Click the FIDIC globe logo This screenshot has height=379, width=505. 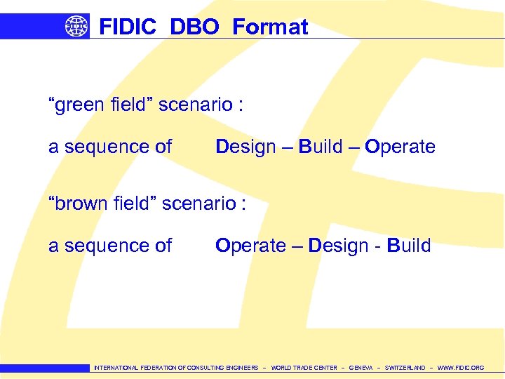tap(77, 27)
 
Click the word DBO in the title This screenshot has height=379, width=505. tap(194, 27)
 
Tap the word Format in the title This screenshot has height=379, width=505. tap(270, 27)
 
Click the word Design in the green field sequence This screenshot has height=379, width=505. tap(245, 147)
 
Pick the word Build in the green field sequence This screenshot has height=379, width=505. tap(321, 147)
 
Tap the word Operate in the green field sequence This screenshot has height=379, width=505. tap(400, 147)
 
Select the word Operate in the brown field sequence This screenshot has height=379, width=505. tap(250, 246)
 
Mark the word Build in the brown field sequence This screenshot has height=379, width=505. tap(409, 246)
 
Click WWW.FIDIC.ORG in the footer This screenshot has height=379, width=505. tap(460, 368)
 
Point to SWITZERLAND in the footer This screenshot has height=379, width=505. tap(405, 368)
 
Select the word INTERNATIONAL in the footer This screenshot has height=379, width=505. tap(116, 368)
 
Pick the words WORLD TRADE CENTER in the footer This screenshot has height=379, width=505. tap(304, 368)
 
